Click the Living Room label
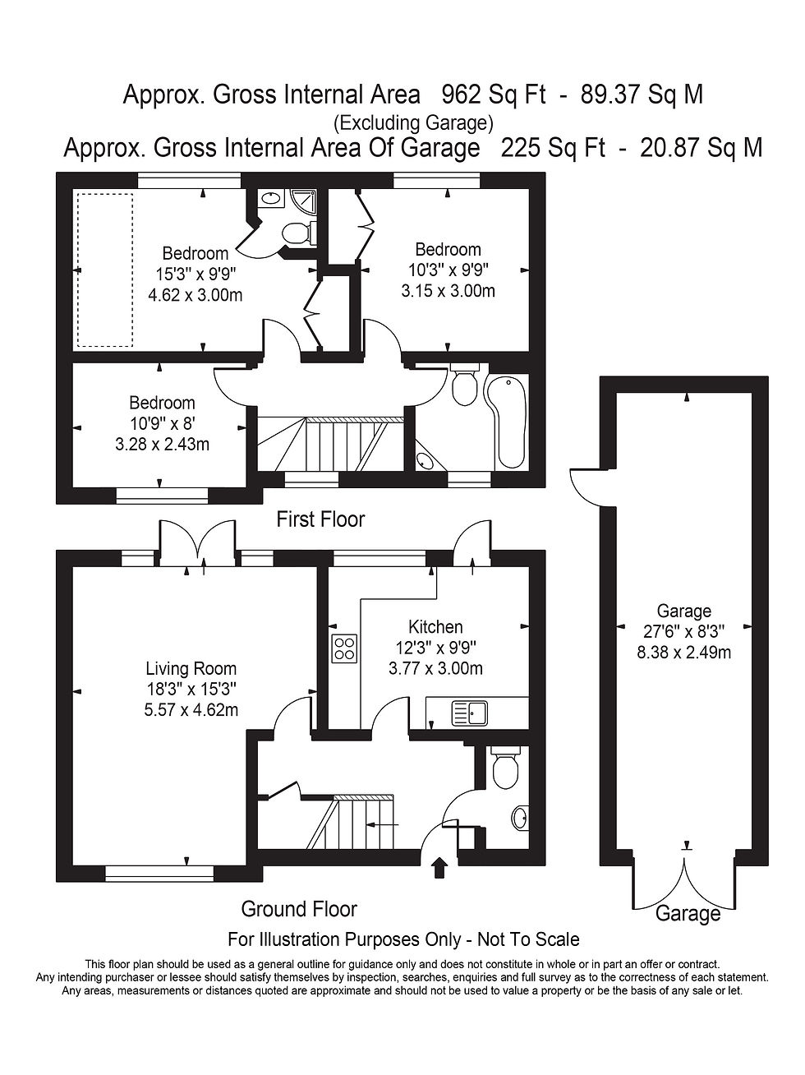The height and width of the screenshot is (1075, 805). click(x=191, y=669)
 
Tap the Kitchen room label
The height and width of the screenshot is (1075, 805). click(x=435, y=627)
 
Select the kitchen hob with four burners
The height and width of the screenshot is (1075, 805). click(x=344, y=648)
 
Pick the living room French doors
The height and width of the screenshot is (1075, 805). click(x=197, y=542)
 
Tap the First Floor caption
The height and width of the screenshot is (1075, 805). click(x=320, y=519)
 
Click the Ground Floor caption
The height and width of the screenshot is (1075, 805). click(x=299, y=909)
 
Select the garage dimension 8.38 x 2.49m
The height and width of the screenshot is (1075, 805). click(x=683, y=653)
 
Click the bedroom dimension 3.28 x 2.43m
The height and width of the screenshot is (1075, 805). click(x=162, y=445)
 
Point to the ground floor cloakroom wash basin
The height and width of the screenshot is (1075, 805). click(x=520, y=818)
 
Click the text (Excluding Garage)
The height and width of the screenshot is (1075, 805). click(x=412, y=123)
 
